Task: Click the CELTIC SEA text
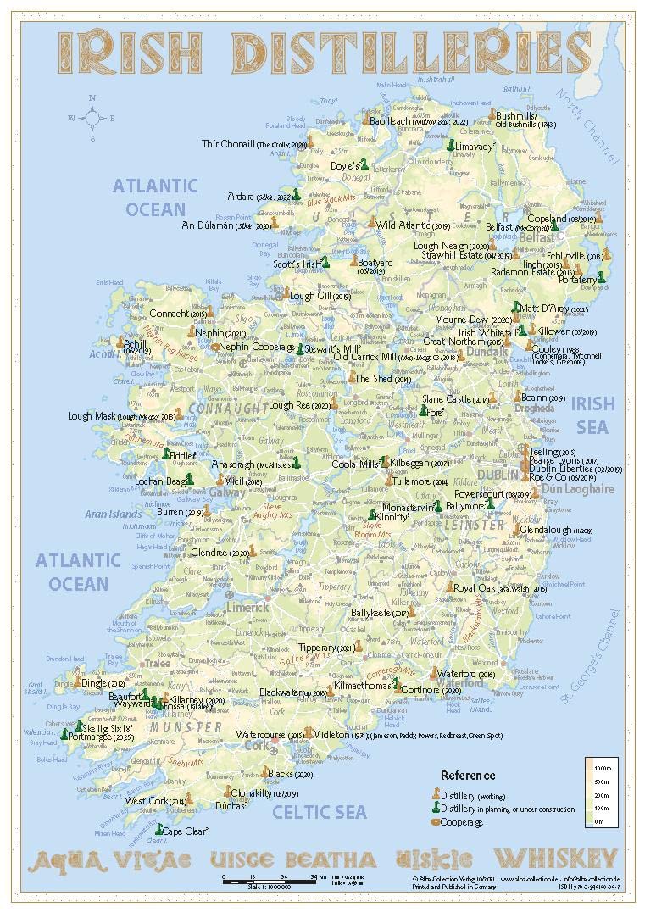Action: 319,812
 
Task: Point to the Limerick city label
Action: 247,607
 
